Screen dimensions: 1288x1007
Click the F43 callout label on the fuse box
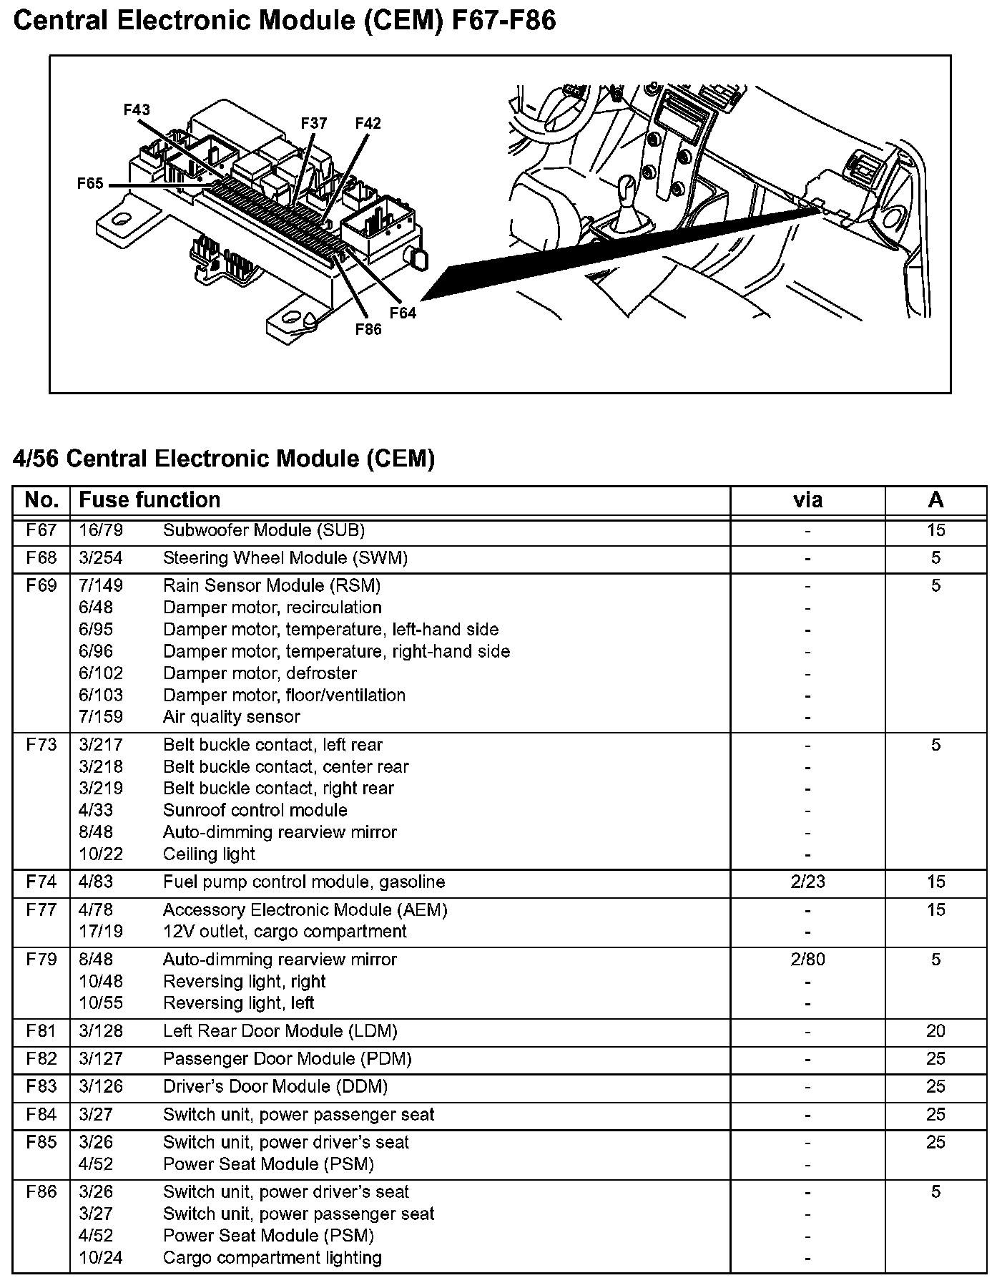[137, 109]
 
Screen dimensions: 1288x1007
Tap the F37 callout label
[313, 123]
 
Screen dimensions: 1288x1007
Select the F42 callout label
[368, 123]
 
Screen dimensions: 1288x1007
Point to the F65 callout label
[90, 184]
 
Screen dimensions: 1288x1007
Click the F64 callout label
[403, 313]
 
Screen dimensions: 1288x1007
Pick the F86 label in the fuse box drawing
[368, 329]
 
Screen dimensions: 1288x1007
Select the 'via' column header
[807, 499]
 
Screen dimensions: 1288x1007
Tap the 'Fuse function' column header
[149, 499]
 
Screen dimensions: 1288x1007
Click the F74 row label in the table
[41, 882]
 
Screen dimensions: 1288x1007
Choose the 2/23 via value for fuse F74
[807, 882]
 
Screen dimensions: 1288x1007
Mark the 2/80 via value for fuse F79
[807, 959]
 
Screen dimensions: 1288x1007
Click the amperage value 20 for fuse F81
[935, 1030]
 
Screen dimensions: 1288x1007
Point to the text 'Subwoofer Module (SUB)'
[264, 530]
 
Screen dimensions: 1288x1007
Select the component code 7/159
[101, 716]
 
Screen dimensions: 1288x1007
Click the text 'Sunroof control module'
[255, 810]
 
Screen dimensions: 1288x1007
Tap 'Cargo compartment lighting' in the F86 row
[272, 1257]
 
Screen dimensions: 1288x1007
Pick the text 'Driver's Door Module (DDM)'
[275, 1086]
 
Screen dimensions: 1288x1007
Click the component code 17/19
[101, 931]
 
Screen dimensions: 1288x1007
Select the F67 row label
[41, 530]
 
